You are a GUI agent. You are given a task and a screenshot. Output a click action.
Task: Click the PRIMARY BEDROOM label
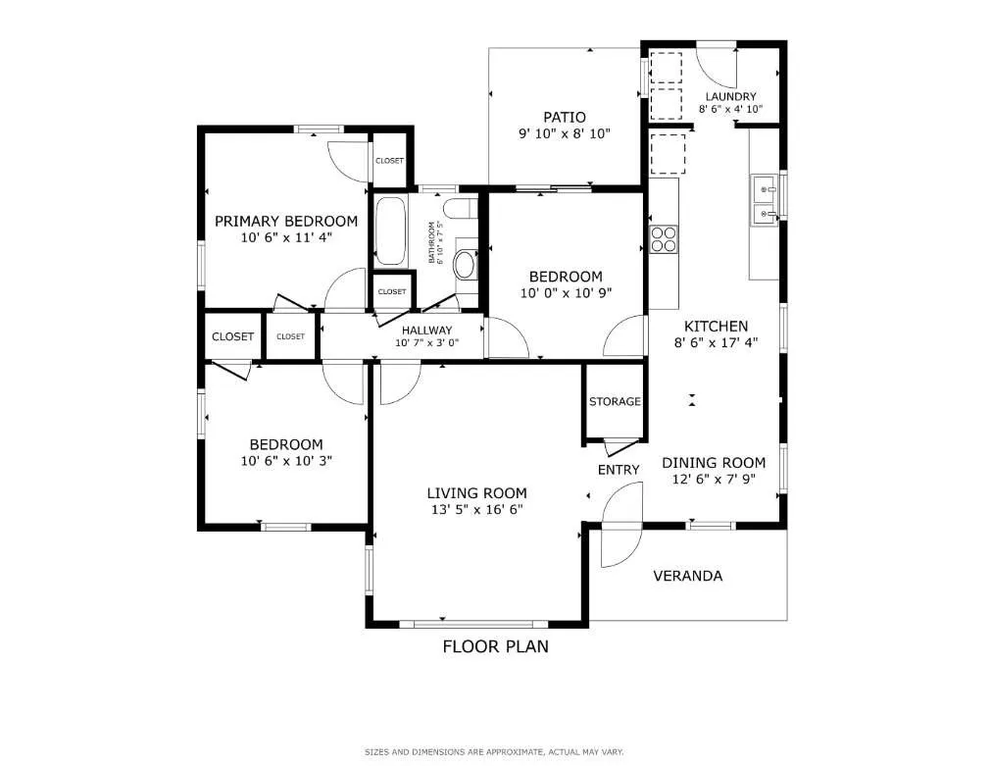(x=286, y=221)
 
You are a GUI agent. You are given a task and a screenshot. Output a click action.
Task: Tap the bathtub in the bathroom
(x=390, y=231)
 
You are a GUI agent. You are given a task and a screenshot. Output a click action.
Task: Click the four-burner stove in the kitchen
(x=664, y=238)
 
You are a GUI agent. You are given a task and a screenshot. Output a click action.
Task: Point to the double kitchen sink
(x=765, y=200)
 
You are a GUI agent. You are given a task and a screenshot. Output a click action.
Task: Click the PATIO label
(x=565, y=117)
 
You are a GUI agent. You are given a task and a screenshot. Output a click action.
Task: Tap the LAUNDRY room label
(x=730, y=96)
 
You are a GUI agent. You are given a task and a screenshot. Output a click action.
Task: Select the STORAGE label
(x=615, y=401)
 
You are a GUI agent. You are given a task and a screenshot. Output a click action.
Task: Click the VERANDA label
(x=687, y=576)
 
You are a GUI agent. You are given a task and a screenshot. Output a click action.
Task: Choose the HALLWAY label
(x=425, y=330)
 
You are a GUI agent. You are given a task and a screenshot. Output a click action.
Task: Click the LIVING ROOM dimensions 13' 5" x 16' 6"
(x=476, y=509)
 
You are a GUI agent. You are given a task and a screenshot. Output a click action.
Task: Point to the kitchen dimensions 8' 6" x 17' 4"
(x=716, y=342)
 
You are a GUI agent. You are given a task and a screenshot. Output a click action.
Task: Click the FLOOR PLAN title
(x=495, y=646)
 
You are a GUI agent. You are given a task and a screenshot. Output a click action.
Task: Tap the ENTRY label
(x=619, y=470)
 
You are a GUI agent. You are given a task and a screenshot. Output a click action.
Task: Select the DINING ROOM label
(x=714, y=463)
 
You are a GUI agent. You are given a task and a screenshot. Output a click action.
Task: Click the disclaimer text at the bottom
(x=494, y=752)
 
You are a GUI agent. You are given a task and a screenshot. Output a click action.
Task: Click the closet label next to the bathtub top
(x=389, y=161)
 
